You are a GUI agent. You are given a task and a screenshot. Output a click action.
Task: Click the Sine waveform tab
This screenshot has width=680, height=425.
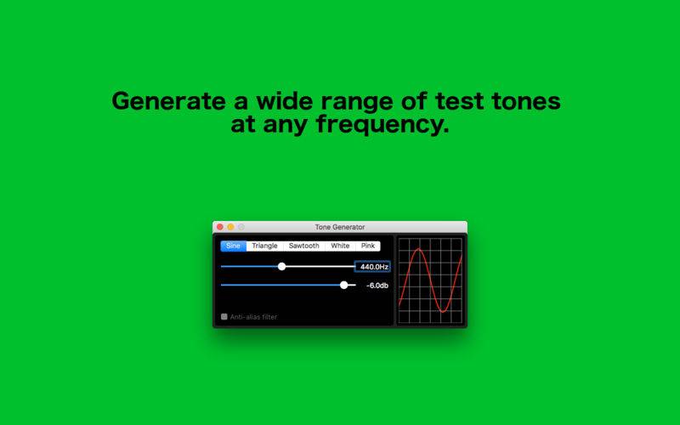click(x=233, y=246)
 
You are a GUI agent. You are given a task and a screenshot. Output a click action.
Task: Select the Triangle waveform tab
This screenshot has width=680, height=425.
click(x=264, y=246)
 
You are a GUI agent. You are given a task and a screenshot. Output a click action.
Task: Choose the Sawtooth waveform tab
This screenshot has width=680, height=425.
click(x=304, y=246)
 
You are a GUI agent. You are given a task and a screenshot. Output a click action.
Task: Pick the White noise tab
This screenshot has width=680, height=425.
click(x=340, y=246)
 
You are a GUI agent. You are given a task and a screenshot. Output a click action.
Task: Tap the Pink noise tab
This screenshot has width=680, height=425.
click(x=368, y=246)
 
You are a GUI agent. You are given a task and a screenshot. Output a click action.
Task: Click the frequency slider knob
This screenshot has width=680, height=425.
click(x=282, y=266)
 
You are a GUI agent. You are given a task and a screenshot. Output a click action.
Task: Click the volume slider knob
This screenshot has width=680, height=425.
click(x=344, y=285)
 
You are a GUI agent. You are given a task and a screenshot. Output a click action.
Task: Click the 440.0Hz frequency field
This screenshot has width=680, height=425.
click(x=372, y=267)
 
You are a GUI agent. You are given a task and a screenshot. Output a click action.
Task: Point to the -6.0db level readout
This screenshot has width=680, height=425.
click(x=377, y=286)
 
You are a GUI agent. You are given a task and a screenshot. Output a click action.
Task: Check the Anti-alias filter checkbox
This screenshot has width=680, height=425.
click(x=224, y=316)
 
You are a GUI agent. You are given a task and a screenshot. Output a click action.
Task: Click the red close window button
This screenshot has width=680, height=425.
click(x=220, y=227)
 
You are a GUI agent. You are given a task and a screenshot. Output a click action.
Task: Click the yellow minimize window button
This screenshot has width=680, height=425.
click(x=230, y=227)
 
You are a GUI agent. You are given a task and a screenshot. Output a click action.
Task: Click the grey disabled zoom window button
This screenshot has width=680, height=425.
click(x=241, y=227)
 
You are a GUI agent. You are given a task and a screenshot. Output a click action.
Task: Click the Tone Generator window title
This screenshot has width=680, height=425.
click(x=340, y=227)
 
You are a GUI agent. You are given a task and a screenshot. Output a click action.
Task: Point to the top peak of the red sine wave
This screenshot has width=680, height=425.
click(x=418, y=249)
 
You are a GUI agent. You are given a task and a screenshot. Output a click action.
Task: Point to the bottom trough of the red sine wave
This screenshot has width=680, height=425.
click(x=443, y=311)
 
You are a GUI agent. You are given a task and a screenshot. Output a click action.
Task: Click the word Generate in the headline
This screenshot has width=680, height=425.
click(x=168, y=101)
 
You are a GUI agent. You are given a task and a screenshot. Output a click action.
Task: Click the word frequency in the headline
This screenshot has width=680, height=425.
click(x=382, y=125)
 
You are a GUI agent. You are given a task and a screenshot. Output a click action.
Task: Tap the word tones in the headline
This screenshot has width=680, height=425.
click(x=526, y=101)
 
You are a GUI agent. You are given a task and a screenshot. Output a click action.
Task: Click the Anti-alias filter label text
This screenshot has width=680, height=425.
click(x=253, y=317)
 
